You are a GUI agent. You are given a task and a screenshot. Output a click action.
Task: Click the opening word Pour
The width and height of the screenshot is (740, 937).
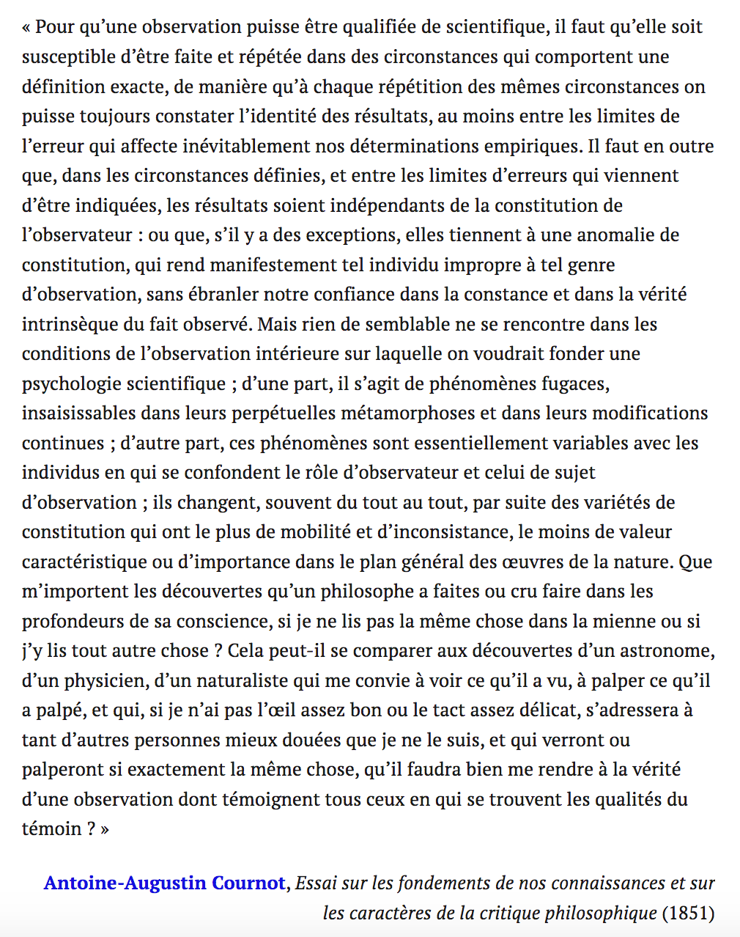pyautogui.click(x=54, y=27)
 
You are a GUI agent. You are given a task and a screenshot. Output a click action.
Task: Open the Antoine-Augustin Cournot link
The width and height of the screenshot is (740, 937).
pyautogui.click(x=164, y=883)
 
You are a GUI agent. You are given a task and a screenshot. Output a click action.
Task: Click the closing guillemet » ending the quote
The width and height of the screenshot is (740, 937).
pyautogui.click(x=105, y=829)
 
